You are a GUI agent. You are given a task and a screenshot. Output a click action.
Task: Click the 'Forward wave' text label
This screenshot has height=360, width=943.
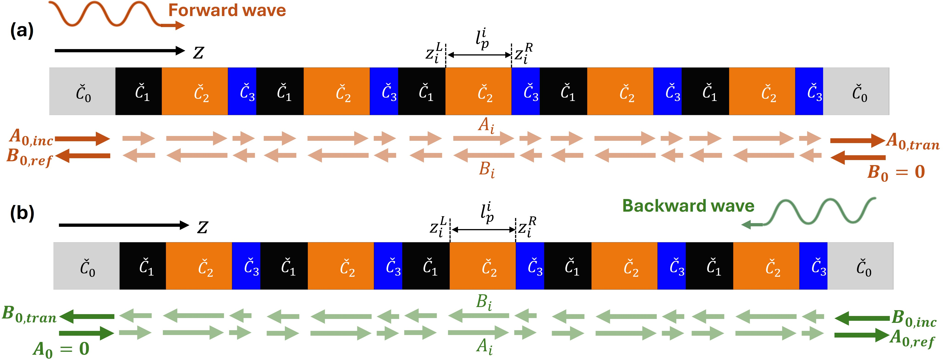coord(227,10)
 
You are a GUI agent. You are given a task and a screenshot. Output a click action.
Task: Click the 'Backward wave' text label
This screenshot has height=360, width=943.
coord(688,206)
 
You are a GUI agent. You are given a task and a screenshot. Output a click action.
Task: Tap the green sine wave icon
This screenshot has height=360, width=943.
coord(820,212)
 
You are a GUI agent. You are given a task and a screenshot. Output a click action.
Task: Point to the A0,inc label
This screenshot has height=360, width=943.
coord(31,137)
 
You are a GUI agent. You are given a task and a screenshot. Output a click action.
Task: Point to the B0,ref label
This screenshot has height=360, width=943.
coord(29,158)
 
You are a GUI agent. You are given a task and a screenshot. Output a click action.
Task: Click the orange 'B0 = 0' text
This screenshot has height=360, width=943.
coord(896,172)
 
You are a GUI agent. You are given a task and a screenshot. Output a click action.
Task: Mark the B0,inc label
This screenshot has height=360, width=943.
coord(914,319)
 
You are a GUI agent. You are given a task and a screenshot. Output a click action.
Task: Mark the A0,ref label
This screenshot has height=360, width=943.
coord(912,338)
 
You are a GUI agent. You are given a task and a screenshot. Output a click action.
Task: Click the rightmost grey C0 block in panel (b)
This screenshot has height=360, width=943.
coord(860,266)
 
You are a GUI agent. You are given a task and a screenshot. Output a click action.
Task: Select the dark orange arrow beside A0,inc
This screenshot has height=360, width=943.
coord(82,139)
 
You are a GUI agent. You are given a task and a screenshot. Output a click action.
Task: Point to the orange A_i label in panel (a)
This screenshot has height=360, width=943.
coord(486,125)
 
